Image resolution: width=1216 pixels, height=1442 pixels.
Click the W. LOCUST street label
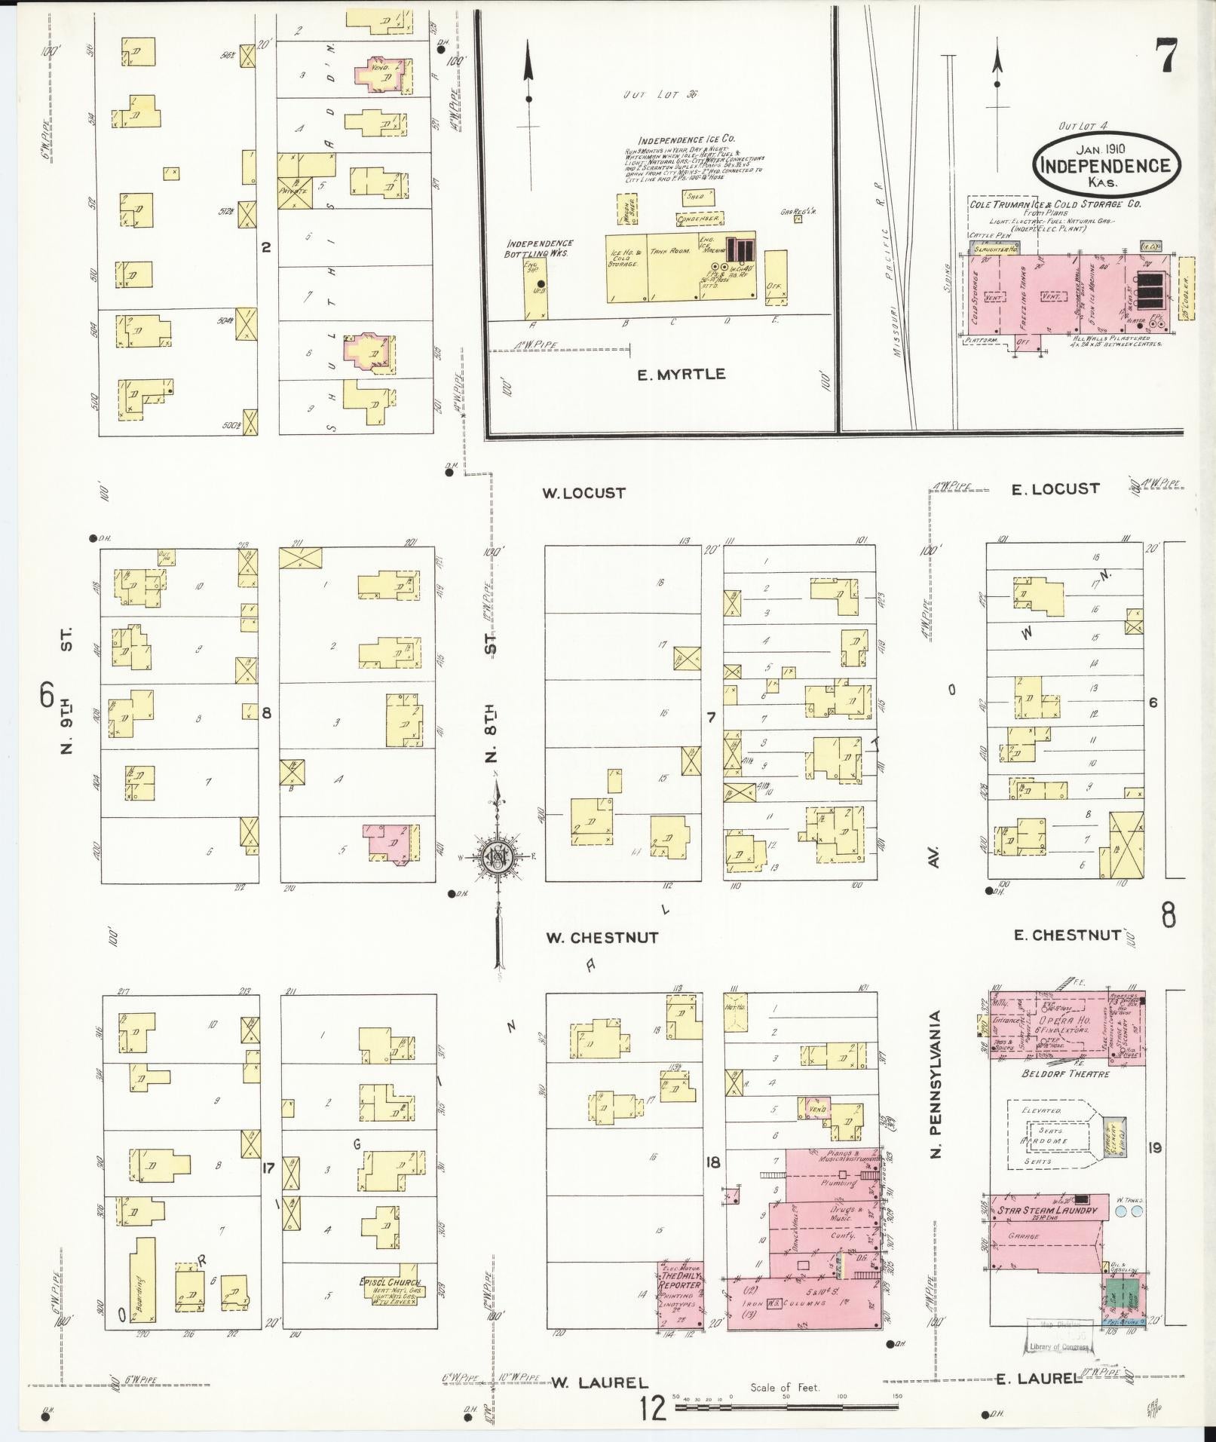[x=583, y=493]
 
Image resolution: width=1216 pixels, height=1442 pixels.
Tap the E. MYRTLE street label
[x=681, y=374]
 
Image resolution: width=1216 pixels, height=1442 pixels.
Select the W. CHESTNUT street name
[x=602, y=938]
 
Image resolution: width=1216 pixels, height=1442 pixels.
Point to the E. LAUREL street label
[x=1039, y=1379]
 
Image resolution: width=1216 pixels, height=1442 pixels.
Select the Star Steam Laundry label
[x=1046, y=1211]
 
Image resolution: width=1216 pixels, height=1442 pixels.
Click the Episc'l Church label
[x=389, y=1281]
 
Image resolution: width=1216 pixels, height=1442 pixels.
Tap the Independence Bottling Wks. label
[x=539, y=248]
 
